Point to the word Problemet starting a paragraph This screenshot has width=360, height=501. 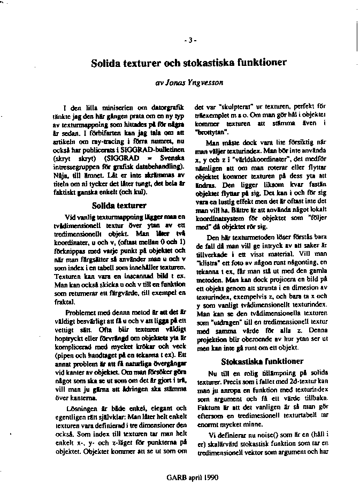point(80,312)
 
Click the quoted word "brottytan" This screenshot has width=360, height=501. point(210,131)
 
